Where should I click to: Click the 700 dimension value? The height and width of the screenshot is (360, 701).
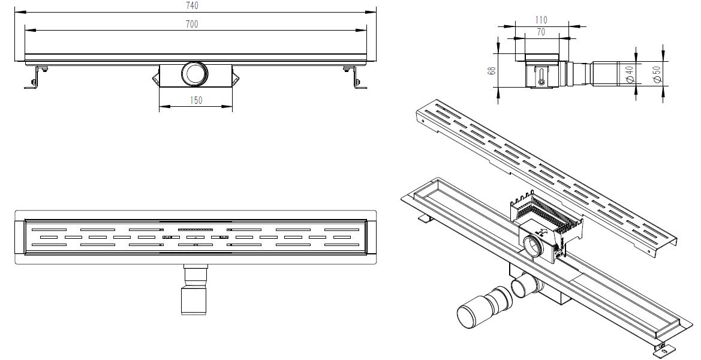pos(192,24)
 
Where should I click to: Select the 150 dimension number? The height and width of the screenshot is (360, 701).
pos(195,101)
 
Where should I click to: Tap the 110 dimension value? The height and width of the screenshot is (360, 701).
pos(541,20)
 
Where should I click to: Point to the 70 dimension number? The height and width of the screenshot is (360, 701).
pos(541,32)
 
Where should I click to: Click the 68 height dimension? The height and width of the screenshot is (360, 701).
pos(492,70)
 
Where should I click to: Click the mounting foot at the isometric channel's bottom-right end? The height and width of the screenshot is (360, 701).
pos(663,347)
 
